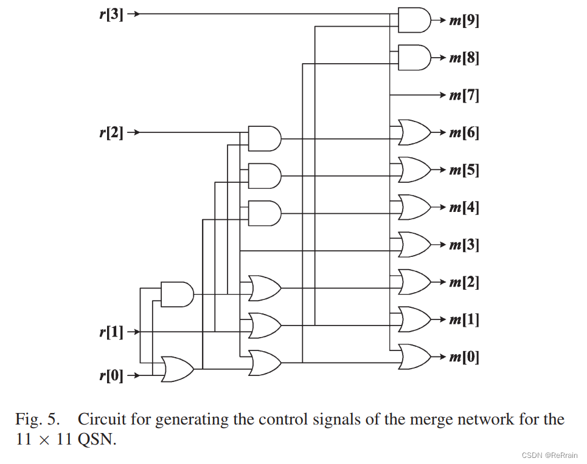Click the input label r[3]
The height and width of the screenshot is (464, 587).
(x=111, y=14)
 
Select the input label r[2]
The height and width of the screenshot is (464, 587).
(x=111, y=132)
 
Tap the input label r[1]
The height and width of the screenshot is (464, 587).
(x=111, y=332)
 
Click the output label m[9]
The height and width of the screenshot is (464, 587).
(x=464, y=21)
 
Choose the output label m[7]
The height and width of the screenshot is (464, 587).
(x=464, y=95)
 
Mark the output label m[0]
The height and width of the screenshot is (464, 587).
(x=464, y=357)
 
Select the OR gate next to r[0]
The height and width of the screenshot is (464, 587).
(x=177, y=369)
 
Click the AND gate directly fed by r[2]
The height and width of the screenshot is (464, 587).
(x=265, y=138)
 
